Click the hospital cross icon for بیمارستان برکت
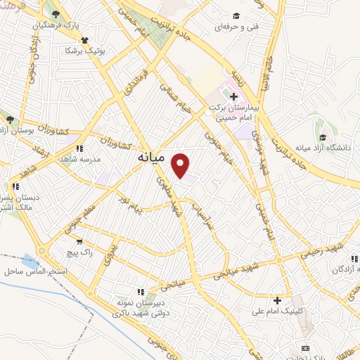[x=233, y=96]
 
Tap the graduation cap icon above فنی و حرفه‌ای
[x=236, y=15]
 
